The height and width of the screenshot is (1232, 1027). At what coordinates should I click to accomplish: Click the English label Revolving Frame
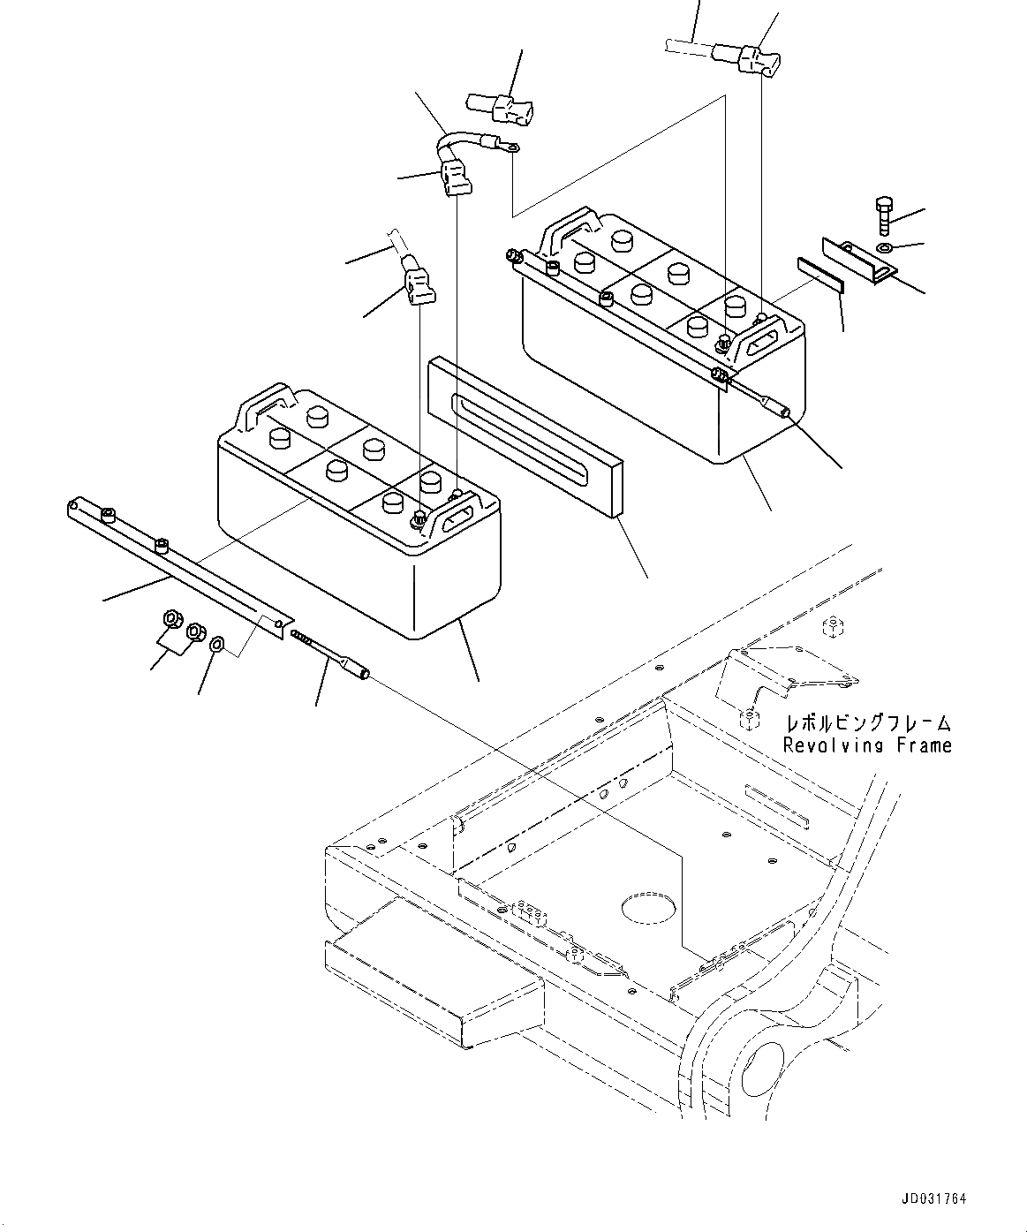point(867,745)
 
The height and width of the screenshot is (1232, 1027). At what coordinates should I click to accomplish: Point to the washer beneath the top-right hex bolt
point(885,245)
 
